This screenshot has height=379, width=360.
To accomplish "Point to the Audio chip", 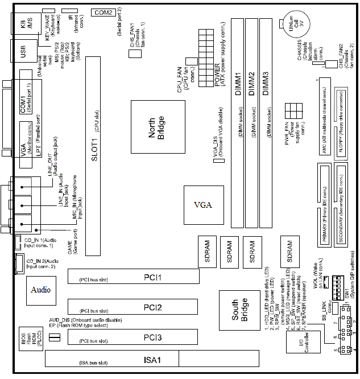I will [x=41, y=290].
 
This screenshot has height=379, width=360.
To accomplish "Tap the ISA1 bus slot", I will [x=150, y=359].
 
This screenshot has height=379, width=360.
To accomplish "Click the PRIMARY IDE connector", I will [x=324, y=205].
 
